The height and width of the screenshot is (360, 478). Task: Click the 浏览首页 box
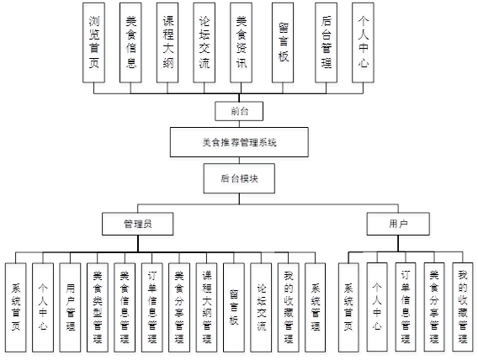pyautogui.click(x=95, y=42)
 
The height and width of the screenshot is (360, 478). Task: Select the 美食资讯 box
pyautogui.click(x=241, y=42)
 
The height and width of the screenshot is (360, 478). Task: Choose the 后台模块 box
pyautogui.click(x=239, y=178)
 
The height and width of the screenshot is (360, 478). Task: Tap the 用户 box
pyautogui.click(x=398, y=224)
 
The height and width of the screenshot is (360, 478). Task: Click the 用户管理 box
pyautogui.click(x=71, y=305)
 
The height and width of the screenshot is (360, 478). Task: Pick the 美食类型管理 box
pyautogui.click(x=98, y=305)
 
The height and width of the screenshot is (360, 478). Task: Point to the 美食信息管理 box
pyautogui.click(x=125, y=305)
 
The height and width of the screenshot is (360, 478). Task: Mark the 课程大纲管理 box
pyautogui.click(x=206, y=305)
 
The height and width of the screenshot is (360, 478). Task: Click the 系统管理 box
pyautogui.click(x=315, y=305)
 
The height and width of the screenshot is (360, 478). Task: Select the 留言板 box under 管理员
pyautogui.click(x=234, y=305)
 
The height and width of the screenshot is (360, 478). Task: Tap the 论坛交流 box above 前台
pyautogui.click(x=204, y=42)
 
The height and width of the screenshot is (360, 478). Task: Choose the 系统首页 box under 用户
pyautogui.click(x=349, y=305)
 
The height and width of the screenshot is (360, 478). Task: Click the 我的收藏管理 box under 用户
pyautogui.click(x=462, y=305)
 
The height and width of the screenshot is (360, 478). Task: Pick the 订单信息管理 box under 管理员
pyautogui.click(x=151, y=305)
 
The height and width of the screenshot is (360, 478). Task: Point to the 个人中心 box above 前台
pyautogui.click(x=362, y=42)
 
